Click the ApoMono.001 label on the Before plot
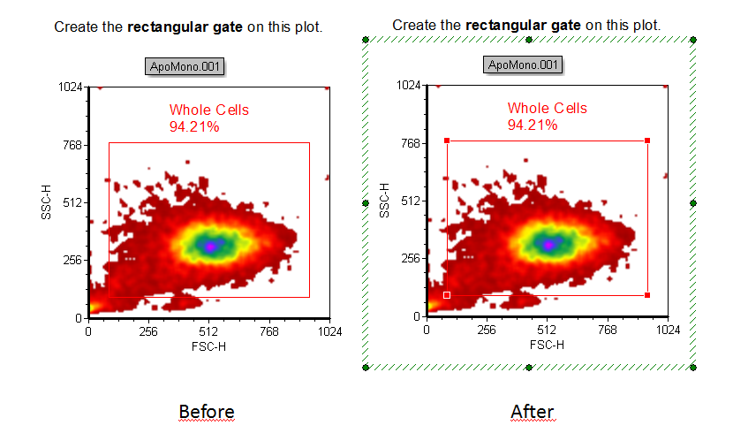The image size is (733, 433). (x=185, y=66)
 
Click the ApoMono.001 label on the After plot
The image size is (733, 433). (x=523, y=65)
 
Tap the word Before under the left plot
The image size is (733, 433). (x=207, y=412)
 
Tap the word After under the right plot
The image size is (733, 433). (x=533, y=412)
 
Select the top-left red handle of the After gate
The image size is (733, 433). (x=447, y=141)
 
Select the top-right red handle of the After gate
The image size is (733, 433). (x=648, y=141)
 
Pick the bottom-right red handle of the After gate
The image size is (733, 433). (x=648, y=295)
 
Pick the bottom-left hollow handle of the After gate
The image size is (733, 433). (x=447, y=295)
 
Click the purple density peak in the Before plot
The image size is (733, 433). (x=210, y=246)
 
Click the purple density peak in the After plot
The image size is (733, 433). (x=548, y=244)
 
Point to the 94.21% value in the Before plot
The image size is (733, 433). (x=194, y=126)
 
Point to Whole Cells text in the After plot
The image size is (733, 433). (x=547, y=109)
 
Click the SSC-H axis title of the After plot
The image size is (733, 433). (x=385, y=201)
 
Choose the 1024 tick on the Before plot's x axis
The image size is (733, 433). (x=329, y=331)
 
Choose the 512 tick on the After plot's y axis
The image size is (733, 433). (x=410, y=201)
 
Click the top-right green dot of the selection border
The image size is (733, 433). (x=693, y=41)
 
